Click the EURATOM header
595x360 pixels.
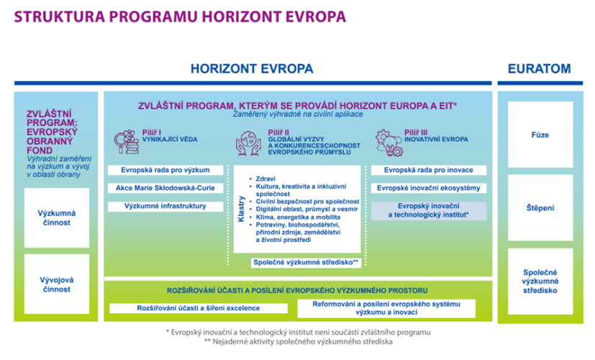coord(539,69)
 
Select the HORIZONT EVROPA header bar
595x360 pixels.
coord(252,69)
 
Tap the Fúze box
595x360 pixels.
coord(540,134)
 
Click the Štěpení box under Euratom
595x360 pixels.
coord(540,207)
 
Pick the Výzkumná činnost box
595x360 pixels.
coord(56,218)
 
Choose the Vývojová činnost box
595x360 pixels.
coord(56,284)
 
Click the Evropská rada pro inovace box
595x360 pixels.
coord(428,171)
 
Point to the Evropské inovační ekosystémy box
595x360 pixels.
coord(428,189)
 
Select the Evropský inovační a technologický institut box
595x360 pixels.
coord(428,210)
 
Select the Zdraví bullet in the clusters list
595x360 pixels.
coord(266,177)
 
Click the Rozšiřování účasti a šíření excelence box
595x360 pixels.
coord(198,309)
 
